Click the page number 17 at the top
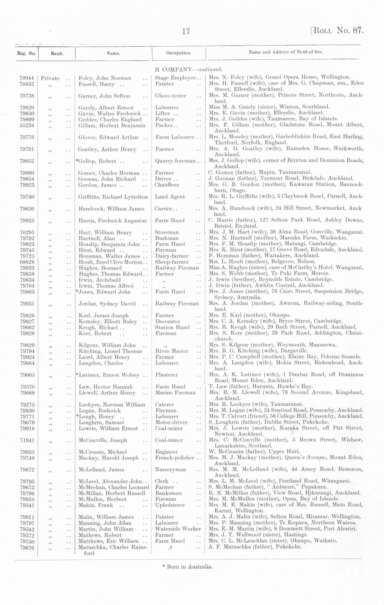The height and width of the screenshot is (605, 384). (x=186, y=31)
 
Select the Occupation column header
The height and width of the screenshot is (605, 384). (x=178, y=53)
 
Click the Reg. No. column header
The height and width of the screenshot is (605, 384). (x=27, y=54)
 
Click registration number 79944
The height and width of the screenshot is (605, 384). (x=27, y=78)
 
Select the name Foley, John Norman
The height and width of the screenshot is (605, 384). (x=104, y=78)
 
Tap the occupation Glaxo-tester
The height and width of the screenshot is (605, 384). (x=170, y=96)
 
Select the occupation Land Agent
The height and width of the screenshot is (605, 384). (x=170, y=197)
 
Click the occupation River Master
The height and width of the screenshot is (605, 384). (x=172, y=351)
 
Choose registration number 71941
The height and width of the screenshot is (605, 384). (x=27, y=440)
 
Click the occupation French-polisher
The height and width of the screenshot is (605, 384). (x=175, y=458)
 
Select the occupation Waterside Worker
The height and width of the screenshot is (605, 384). (x=178, y=529)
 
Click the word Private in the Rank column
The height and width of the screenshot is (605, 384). (x=50, y=78)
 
